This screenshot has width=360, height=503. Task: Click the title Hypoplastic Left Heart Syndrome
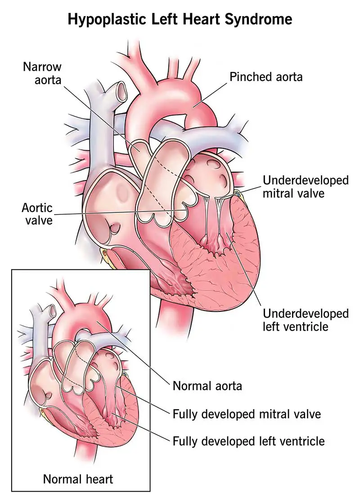(180, 19)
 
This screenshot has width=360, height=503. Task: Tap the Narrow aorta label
(43, 75)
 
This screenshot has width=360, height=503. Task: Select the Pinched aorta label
(266, 77)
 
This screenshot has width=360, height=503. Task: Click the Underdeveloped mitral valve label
(306, 187)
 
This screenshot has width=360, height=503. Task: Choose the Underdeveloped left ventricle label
(306, 319)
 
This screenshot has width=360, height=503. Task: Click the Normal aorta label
(207, 386)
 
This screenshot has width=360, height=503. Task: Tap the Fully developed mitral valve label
(247, 413)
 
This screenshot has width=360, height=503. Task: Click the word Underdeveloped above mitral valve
(306, 180)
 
